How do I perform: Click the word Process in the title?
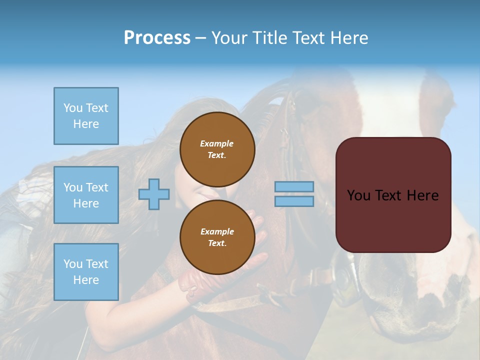point(157,38)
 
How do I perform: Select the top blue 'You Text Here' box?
point(86,116)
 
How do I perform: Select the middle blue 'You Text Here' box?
point(86,195)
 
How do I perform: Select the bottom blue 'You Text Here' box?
point(86,272)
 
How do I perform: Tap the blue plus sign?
point(154,194)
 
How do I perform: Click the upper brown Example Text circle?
point(217,149)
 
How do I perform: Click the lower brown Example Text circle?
point(217,237)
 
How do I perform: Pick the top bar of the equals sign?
point(294,186)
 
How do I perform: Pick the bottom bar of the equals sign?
point(294,201)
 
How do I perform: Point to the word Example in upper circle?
point(217,143)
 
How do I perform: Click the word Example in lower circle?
point(217,231)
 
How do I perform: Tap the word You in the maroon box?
point(358,195)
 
